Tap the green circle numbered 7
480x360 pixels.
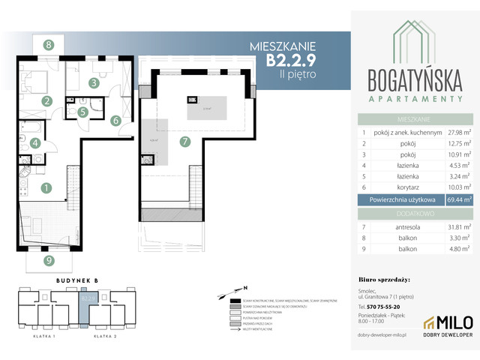(184, 140)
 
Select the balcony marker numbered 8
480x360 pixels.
(48, 45)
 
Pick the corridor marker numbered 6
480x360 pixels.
(115, 119)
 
